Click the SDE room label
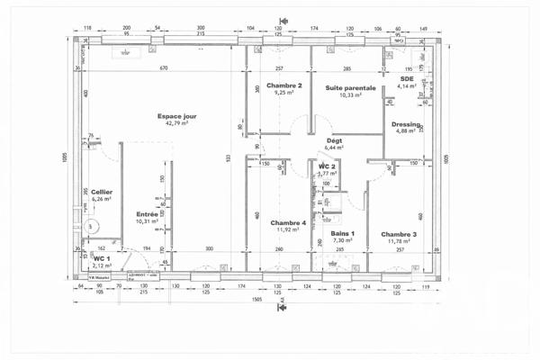click(407, 78)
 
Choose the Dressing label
click(405, 123)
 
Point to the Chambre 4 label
click(287, 222)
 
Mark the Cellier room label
click(101, 191)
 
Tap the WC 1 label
click(102, 259)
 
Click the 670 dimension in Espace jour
click(165, 69)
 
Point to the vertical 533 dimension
click(229, 158)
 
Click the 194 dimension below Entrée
click(147, 248)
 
